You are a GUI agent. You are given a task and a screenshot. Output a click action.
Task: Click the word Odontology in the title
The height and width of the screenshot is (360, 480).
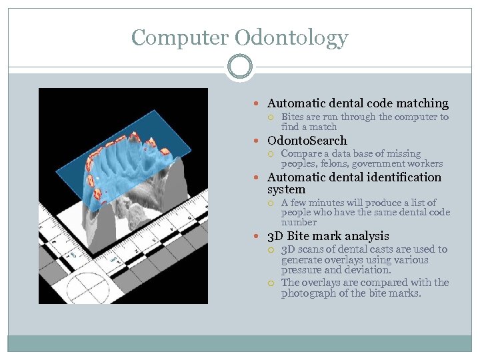coord(295,38)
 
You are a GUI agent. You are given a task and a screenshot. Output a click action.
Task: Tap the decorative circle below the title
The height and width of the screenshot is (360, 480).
coord(239,67)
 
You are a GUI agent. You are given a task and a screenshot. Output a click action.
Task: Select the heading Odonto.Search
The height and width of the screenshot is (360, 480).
coord(307,141)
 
